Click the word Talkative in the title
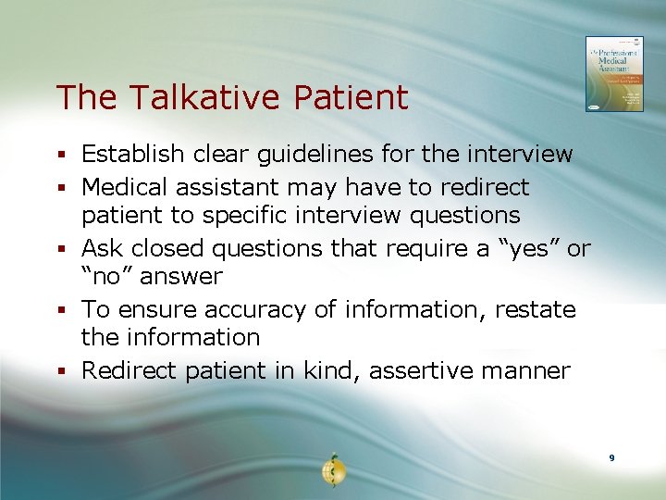[193, 97]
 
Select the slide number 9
[611, 458]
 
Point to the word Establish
[131, 154]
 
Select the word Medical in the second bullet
[125, 187]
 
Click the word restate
[535, 309]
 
